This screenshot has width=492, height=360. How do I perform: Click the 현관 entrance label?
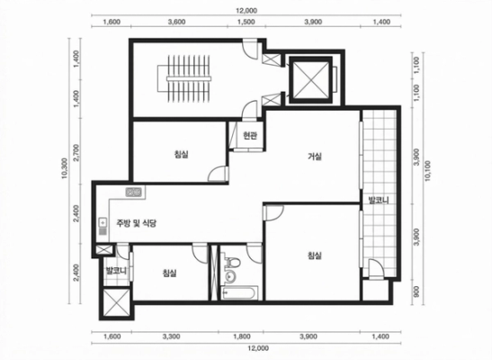(250, 136)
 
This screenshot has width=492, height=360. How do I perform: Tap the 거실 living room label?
(315, 156)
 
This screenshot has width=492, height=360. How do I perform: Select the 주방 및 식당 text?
(136, 223)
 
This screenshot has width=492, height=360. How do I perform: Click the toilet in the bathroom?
(232, 263)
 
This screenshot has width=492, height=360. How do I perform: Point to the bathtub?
(239, 293)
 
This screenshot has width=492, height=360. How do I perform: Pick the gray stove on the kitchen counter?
(134, 192)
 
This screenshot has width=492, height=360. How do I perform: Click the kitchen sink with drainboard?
(103, 226)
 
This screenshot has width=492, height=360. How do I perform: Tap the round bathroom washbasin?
(230, 276)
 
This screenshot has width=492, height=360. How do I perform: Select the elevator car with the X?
(310, 80)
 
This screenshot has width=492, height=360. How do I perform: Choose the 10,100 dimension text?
(427, 171)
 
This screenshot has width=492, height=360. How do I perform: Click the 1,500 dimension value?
(246, 22)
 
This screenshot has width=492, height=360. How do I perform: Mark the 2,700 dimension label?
(76, 152)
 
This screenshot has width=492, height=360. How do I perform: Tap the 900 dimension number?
(416, 292)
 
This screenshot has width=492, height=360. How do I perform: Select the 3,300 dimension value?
(171, 337)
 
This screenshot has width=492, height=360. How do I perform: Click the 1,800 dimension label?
(242, 337)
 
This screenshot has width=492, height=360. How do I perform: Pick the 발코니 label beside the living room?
(379, 200)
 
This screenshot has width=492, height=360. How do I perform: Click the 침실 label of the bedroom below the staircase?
(182, 154)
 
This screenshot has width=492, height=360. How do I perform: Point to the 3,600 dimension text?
(176, 22)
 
